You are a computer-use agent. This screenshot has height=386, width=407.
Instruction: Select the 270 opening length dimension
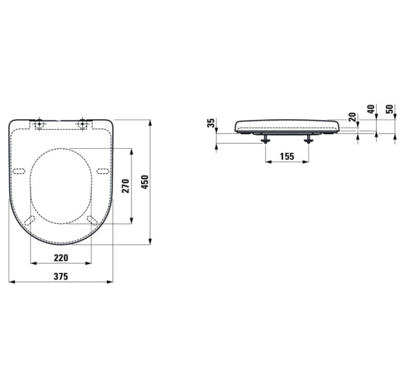pyautogui.click(x=126, y=186)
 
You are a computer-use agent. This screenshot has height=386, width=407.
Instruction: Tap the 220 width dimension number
pyautogui.click(x=61, y=257)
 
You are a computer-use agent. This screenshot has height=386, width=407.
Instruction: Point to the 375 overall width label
pyautogui.click(x=61, y=277)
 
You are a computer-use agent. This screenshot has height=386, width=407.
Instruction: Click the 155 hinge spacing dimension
pyautogui.click(x=286, y=157)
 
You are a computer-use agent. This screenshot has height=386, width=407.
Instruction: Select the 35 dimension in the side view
pyautogui.click(x=211, y=124)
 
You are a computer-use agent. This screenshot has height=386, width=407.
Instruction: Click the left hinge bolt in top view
pyautogui.click(x=39, y=124)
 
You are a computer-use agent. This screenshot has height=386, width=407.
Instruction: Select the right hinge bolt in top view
pyautogui.click(x=85, y=124)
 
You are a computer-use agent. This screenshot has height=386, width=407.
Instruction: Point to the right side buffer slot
pyautogui.click(x=103, y=171)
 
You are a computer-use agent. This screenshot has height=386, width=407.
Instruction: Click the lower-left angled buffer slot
pyautogui.click(x=29, y=220)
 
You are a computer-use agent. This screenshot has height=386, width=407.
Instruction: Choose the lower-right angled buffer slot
pyautogui.click(x=93, y=220)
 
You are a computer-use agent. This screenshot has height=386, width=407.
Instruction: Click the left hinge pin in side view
pyautogui.click(x=265, y=138)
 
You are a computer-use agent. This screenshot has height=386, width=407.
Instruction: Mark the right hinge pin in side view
pyautogui.click(x=309, y=138)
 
